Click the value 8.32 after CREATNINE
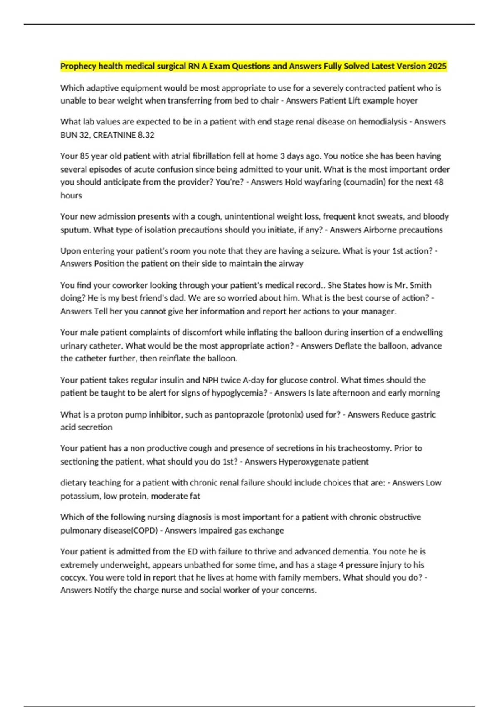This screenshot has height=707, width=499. coord(146,135)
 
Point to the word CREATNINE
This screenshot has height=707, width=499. coord(114,135)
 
